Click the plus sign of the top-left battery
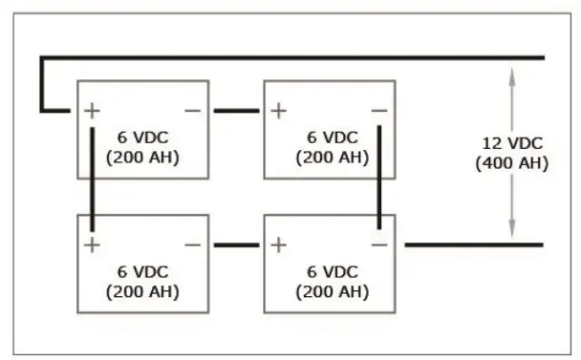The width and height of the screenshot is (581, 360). (x=92, y=111)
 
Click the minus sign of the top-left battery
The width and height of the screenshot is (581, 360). (x=192, y=111)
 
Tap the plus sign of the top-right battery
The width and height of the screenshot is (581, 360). (x=278, y=111)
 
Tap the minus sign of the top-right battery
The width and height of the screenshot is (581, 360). (x=378, y=111)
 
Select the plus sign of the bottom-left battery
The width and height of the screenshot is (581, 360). (x=92, y=245)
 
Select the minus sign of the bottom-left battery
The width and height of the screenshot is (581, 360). (x=192, y=245)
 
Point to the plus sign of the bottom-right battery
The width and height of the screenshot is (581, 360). (x=278, y=245)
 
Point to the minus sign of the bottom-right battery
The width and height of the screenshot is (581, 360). (x=378, y=245)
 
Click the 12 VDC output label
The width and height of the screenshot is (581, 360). (x=511, y=143)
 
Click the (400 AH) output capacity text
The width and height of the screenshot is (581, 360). (x=511, y=163)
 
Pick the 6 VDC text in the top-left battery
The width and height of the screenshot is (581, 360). (x=142, y=137)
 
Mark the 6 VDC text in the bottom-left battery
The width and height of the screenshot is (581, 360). (x=142, y=271)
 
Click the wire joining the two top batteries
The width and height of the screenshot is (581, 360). (x=236, y=111)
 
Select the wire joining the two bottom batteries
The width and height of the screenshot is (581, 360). (x=236, y=245)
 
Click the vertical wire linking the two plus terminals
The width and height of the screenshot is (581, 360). (x=92, y=178)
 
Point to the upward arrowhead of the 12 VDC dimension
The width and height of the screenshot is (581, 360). (x=511, y=76)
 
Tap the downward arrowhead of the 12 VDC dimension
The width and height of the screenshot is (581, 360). (x=511, y=230)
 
